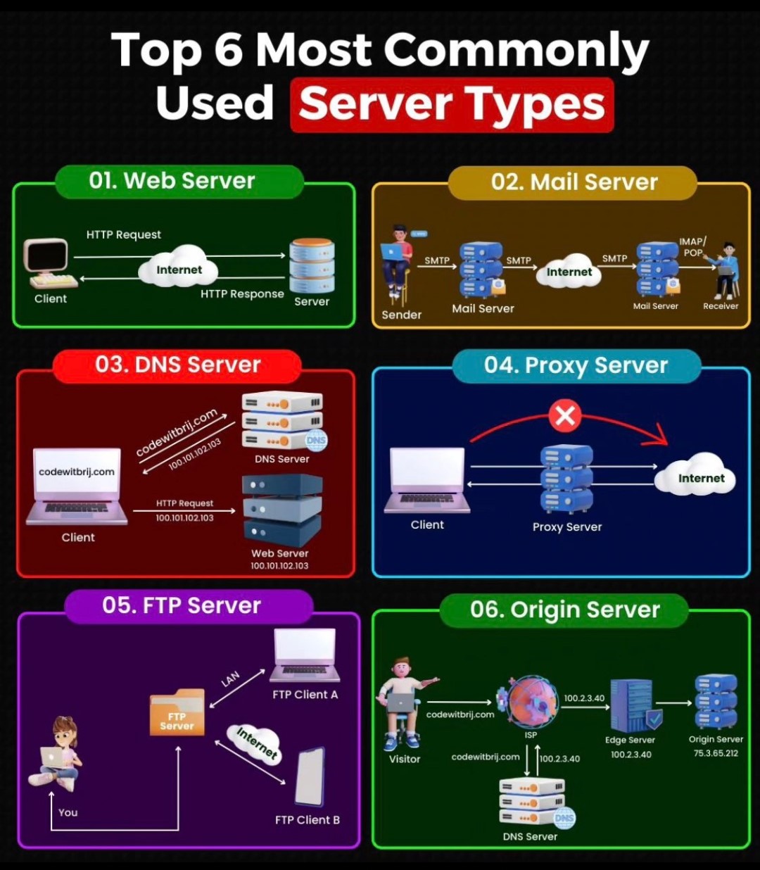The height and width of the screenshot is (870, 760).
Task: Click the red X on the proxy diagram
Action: coord(564,415)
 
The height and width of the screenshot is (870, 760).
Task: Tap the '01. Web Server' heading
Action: coord(172,181)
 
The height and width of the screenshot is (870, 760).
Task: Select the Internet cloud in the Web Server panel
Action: coord(179,267)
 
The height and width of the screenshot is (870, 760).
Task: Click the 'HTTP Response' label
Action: coord(242,294)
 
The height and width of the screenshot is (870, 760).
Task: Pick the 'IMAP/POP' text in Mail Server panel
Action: coord(693,246)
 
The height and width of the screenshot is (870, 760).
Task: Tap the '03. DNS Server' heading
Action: coord(177,365)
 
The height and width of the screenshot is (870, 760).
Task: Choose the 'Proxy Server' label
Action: coord(567,527)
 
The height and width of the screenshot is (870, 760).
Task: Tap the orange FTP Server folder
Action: coord(177,712)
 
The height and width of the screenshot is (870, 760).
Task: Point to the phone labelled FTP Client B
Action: coord(310,777)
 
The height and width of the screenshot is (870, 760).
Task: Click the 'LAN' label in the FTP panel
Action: coord(231,679)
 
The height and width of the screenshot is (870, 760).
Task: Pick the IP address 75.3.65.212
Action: coord(716,753)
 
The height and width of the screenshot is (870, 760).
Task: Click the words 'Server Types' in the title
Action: coord(452,104)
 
